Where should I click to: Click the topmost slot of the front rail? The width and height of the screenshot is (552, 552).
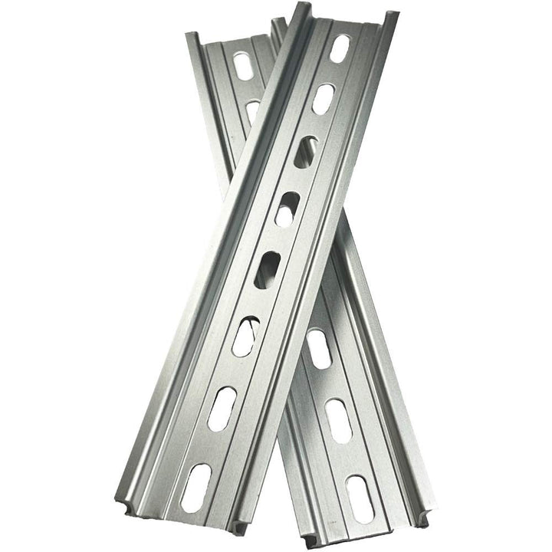339,48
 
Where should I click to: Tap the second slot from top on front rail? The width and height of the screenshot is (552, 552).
323,99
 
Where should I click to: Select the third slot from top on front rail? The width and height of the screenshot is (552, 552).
305,152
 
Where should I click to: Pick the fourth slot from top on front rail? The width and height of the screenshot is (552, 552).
287,208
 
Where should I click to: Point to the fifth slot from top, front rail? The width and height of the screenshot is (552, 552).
268,270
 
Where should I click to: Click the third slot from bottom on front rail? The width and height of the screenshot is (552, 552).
245,336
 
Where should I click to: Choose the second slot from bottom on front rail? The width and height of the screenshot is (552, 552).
222,408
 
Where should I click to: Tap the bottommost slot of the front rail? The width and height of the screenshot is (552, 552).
196,487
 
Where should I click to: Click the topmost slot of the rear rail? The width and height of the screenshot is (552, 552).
243,64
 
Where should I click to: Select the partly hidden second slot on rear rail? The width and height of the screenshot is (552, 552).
253,110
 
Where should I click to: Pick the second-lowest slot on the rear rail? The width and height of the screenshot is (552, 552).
339,419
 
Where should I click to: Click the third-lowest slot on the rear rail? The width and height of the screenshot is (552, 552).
318,348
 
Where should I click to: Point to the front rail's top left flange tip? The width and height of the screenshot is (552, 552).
301,8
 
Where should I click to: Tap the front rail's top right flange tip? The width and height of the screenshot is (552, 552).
392,15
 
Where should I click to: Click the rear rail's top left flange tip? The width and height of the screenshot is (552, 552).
192,36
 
